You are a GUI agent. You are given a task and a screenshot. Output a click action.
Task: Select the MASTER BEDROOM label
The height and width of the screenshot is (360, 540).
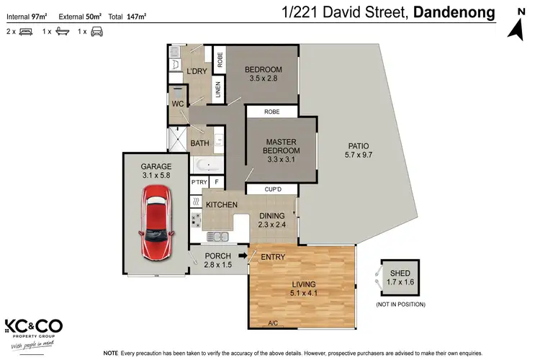tap(282, 145)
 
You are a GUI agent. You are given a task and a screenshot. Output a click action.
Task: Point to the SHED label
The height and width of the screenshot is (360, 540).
tap(400, 273)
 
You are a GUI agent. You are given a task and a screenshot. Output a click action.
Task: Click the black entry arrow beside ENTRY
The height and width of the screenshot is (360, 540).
tap(243, 254)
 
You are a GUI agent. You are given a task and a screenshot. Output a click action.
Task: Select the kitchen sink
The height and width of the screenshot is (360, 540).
tap(217, 236)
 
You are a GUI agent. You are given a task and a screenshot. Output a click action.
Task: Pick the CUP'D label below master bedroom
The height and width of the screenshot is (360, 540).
tap(271, 189)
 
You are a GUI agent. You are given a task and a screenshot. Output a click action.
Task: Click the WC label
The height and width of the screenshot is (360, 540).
tap(178, 104)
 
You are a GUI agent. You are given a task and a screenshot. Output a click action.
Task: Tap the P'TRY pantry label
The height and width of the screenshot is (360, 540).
tap(198, 183)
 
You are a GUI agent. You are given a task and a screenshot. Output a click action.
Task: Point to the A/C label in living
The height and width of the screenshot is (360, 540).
tap(273, 323)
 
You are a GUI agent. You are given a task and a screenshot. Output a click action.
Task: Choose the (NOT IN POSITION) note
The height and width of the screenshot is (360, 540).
tap(400, 305)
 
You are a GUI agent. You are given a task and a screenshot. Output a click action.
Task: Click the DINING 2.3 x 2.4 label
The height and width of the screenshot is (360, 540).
tap(271, 220)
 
